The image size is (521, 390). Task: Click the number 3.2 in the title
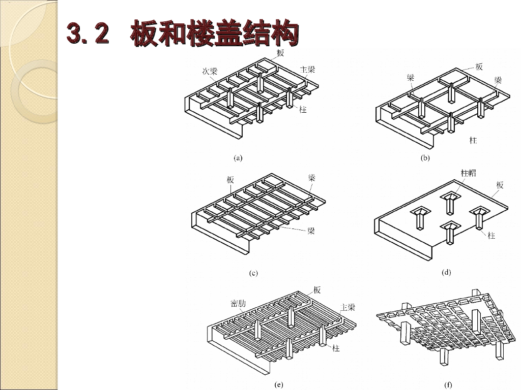point(88,33)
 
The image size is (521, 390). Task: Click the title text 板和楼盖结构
point(215,33)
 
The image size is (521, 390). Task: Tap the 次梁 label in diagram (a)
point(210,71)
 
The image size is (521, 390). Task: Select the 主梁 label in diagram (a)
point(307,69)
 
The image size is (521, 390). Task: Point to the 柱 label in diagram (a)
point(303,110)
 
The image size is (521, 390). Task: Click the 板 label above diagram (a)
point(280,53)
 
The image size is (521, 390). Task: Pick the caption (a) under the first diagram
point(238,158)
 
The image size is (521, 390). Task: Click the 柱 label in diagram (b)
point(473,140)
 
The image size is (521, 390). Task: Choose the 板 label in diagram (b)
point(479,67)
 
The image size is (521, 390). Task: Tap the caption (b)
point(425,158)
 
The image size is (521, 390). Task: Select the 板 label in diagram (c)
point(230,180)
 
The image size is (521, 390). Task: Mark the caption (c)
point(253,273)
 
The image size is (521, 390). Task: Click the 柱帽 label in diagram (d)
point(469,173)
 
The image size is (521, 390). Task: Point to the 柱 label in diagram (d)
point(491,236)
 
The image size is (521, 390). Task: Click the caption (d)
point(446,273)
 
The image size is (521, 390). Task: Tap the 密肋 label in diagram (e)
point(238,303)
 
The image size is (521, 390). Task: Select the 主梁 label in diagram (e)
point(348,307)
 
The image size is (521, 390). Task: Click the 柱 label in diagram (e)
point(336,348)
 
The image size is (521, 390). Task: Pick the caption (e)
point(279,385)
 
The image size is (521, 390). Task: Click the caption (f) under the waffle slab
point(448,385)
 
